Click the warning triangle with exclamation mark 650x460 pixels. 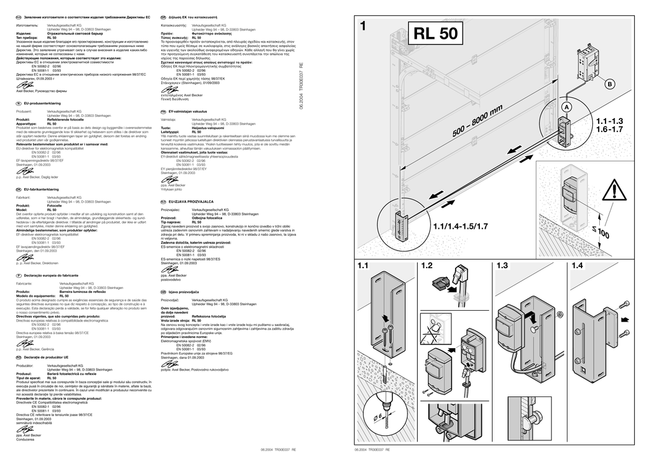tap(615, 189)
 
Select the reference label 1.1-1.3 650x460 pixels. tap(610, 120)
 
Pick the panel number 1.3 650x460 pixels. tap(503, 266)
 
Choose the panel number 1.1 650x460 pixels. tap(364, 266)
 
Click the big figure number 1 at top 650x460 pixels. tap(362, 27)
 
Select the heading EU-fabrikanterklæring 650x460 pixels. tap(43, 189)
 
